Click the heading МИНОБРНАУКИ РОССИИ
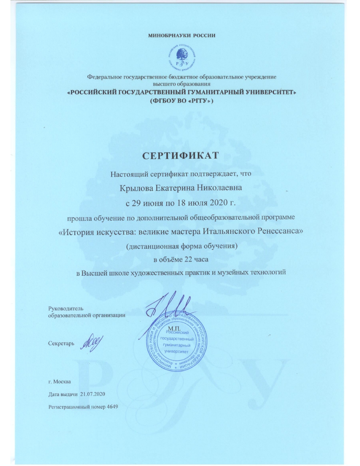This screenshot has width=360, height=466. (182, 36)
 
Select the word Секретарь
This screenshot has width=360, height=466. (61, 343)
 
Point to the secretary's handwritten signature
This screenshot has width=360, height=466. (92, 343)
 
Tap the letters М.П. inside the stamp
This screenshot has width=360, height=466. (174, 328)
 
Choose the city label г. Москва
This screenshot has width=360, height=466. (59, 382)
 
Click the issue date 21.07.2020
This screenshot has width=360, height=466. (92, 394)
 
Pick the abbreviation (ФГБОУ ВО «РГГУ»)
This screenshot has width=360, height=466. (181, 101)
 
